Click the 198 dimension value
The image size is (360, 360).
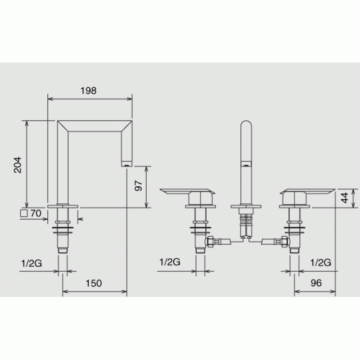pyautogui.click(x=88, y=91)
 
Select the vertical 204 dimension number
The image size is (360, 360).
pyautogui.click(x=18, y=165)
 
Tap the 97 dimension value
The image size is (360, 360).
pyautogui.click(x=139, y=185)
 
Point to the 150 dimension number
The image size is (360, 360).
pyautogui.click(x=94, y=283)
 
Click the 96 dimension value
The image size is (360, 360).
pyautogui.click(x=316, y=283)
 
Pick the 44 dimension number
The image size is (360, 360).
pyautogui.click(x=344, y=198)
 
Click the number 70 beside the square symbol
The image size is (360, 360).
pyautogui.click(x=36, y=213)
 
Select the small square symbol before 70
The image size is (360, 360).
pyautogui.click(x=24, y=213)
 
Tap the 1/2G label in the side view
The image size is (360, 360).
pyautogui.click(x=31, y=263)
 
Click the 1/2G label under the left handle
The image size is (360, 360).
pyautogui.click(x=170, y=262)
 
